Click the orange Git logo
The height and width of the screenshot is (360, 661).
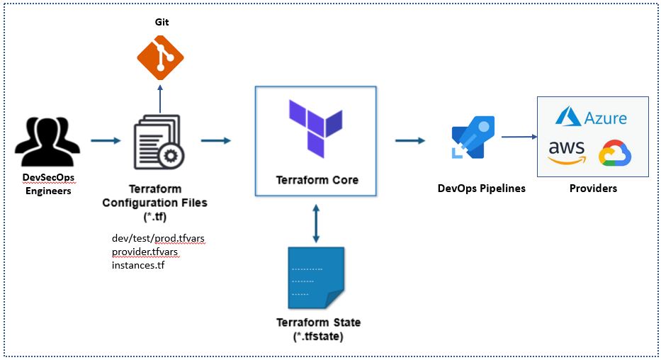(160, 57)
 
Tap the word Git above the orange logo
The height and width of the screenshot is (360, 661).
(162, 22)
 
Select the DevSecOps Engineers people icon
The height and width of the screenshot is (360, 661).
(47, 142)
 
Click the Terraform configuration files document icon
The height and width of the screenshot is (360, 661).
(159, 142)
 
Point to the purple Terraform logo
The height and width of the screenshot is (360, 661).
(316, 128)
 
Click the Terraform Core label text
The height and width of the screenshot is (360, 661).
(317, 180)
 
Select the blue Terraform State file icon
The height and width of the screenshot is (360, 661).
(316, 278)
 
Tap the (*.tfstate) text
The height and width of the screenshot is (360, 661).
(318, 337)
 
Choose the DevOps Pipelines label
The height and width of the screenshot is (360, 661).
(482, 189)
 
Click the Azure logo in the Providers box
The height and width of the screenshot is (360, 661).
(591, 116)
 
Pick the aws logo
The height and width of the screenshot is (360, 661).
(567, 152)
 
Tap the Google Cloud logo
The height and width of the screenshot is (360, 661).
(615, 152)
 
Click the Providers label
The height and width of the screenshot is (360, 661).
(593, 189)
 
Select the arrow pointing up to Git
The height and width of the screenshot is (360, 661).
(160, 99)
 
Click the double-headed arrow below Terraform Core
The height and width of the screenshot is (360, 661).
(316, 223)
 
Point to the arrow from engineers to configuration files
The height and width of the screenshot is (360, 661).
(106, 140)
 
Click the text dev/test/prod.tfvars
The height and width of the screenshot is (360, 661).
(158, 239)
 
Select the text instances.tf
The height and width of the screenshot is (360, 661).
(138, 265)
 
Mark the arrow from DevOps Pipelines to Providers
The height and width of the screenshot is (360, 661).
(519, 137)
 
